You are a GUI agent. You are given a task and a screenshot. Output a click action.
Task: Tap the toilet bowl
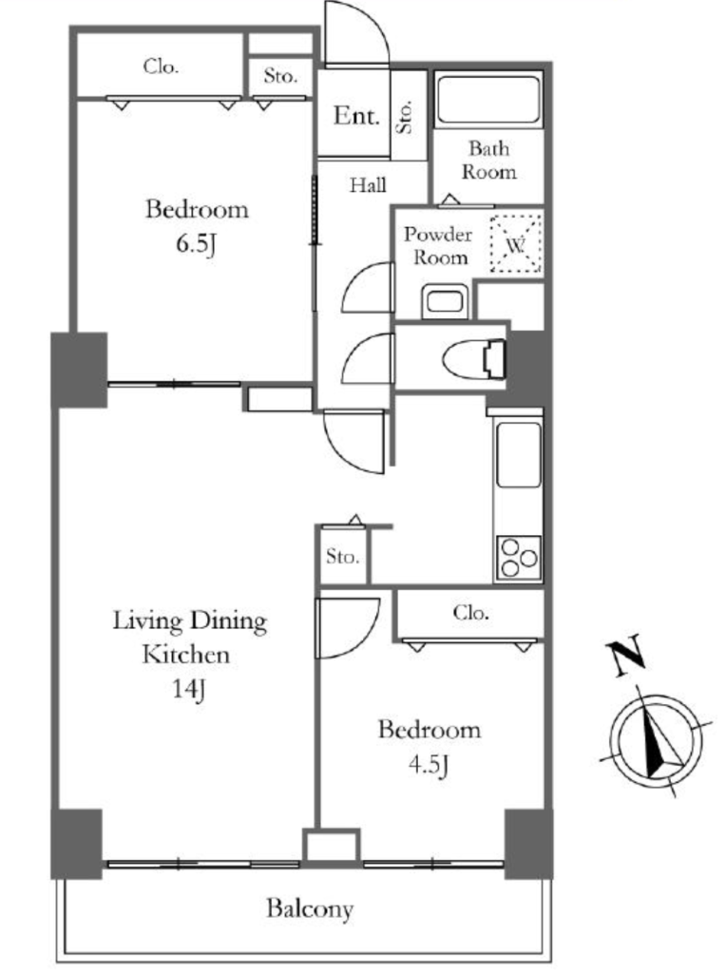(x=475, y=358)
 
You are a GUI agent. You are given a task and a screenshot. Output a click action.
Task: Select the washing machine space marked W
(x=516, y=244)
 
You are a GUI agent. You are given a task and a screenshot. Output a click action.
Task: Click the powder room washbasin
(x=445, y=301)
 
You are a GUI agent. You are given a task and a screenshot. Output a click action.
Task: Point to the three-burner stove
(x=518, y=558)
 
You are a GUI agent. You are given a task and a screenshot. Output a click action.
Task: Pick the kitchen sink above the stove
(x=519, y=455)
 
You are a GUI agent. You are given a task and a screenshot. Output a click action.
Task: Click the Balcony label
(x=310, y=909)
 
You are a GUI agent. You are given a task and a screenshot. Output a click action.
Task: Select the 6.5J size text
(x=196, y=244)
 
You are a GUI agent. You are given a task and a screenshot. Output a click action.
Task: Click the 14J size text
(x=189, y=689)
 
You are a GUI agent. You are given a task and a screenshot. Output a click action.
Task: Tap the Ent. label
(x=356, y=115)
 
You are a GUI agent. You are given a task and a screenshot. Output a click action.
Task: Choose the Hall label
(x=368, y=185)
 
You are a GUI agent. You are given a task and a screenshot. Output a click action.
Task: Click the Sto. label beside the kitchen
(x=342, y=556)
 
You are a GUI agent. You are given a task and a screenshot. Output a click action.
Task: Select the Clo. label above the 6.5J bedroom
(x=161, y=66)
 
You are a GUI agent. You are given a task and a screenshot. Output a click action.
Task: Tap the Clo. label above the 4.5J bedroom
(x=470, y=613)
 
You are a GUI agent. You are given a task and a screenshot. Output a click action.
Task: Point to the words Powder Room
(x=439, y=246)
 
